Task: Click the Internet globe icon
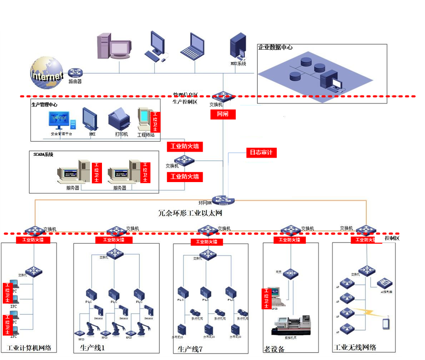click(x=46, y=73)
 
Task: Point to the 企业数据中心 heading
click(x=275, y=47)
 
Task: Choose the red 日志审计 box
click(x=261, y=153)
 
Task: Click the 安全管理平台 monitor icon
click(x=61, y=121)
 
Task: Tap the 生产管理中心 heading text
click(x=45, y=105)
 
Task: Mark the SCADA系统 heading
click(x=43, y=154)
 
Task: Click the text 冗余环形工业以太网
click(x=191, y=213)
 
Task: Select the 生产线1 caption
click(x=92, y=347)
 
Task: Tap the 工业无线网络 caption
click(x=355, y=347)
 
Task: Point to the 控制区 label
click(x=391, y=238)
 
